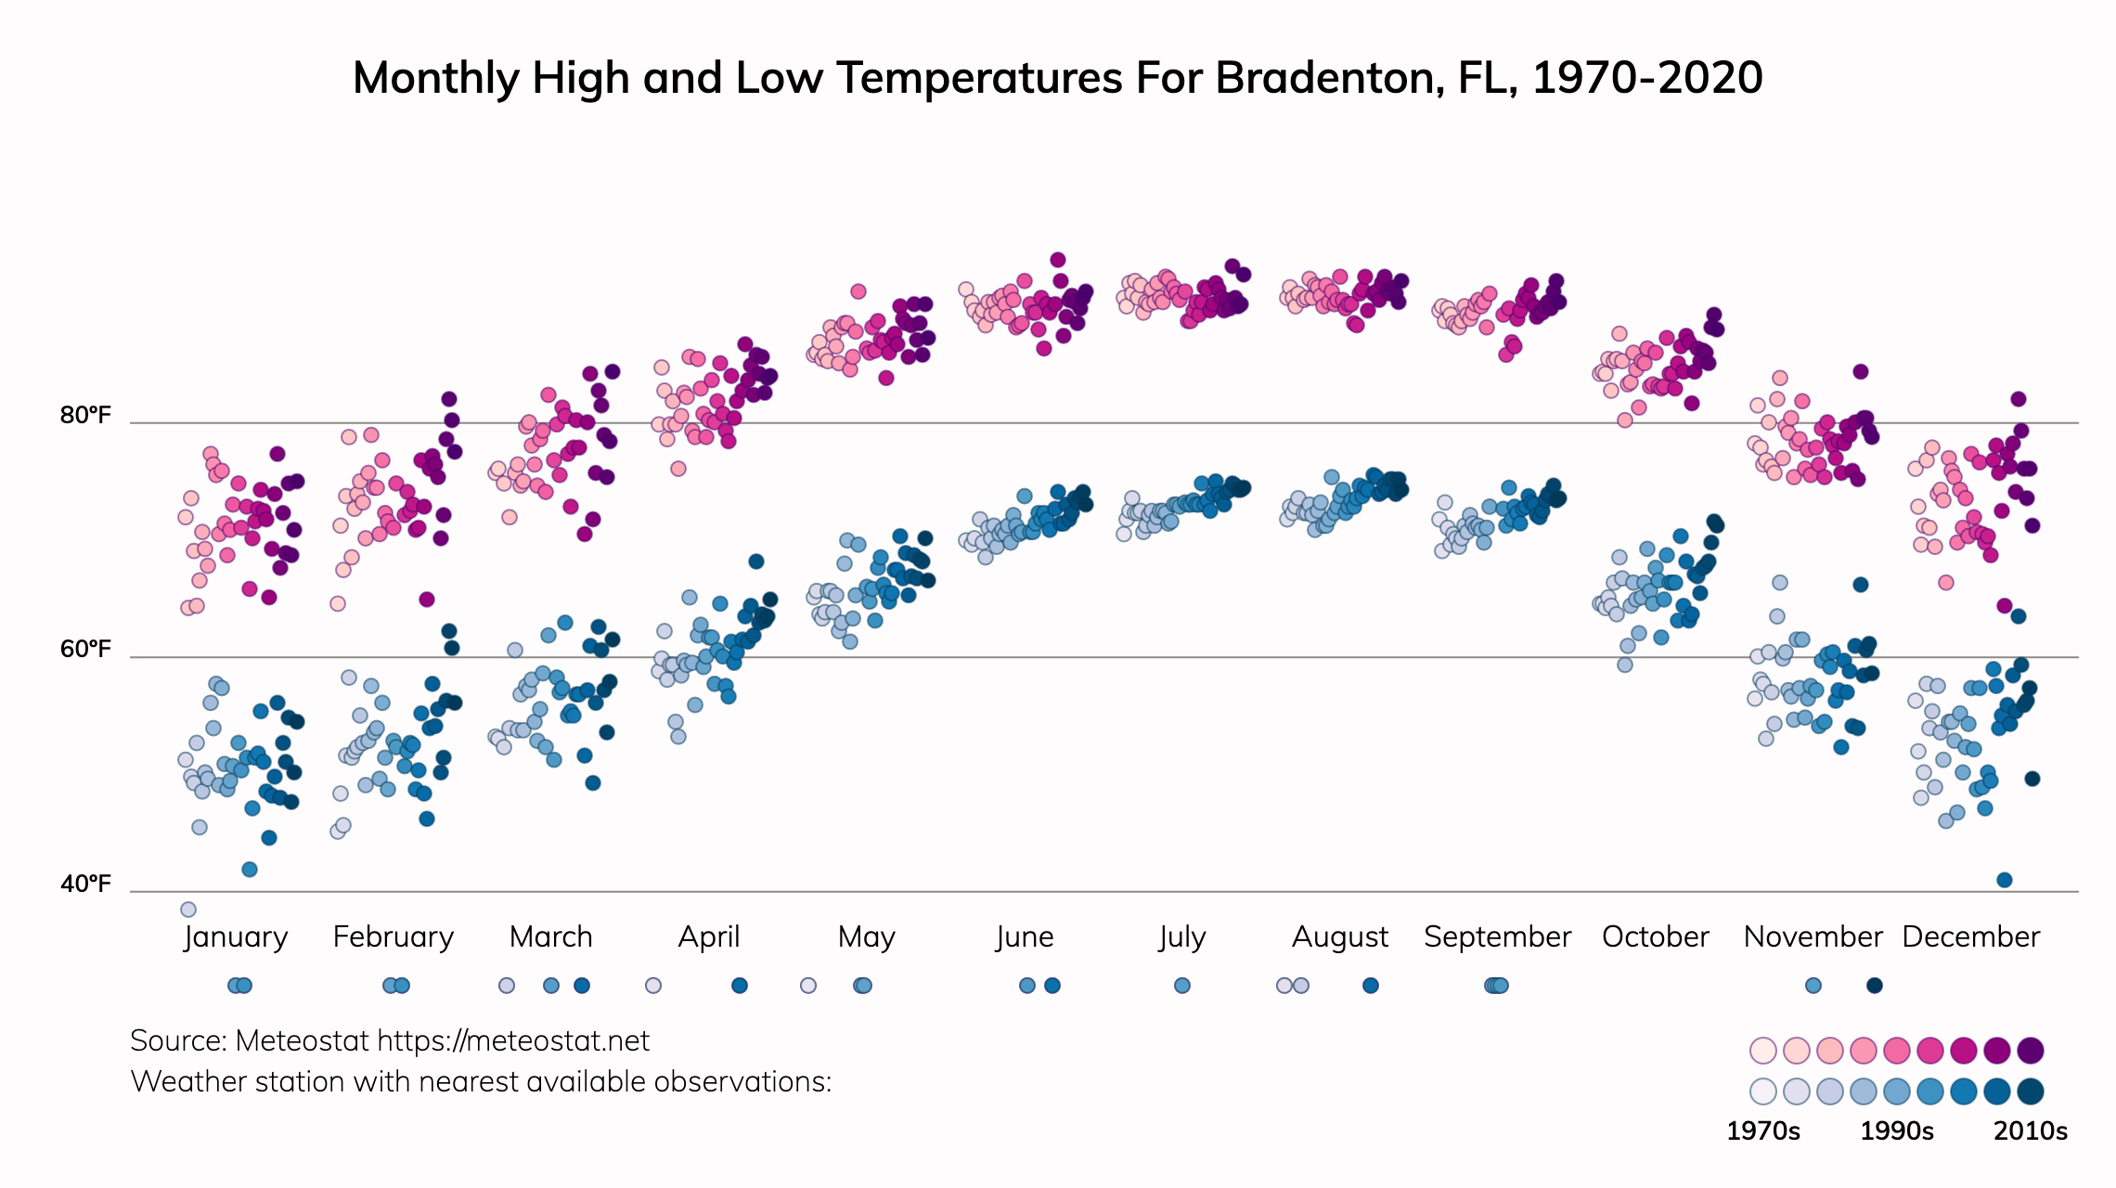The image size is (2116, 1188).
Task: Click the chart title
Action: [x=1057, y=78]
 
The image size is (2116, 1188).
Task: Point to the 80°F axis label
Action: [x=85, y=415]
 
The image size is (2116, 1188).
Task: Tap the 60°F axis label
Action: [x=85, y=649]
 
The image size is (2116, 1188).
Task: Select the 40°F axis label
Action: [x=85, y=884]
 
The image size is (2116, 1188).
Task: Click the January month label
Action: [x=236, y=936]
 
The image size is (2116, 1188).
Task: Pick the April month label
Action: [x=709, y=936]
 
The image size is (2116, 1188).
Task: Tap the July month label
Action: [x=1182, y=936]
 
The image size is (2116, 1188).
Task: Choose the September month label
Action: [x=1497, y=936]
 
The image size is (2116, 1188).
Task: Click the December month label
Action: [x=1970, y=936]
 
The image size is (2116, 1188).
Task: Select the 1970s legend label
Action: [x=1762, y=1131]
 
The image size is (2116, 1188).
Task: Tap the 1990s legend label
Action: [x=1897, y=1131]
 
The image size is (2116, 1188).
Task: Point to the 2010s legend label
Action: [x=2031, y=1131]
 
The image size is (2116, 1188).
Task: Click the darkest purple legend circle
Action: [x=2031, y=1051]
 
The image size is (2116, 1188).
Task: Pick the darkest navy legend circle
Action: [x=2031, y=1091]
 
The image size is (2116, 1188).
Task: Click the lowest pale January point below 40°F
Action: [x=188, y=910]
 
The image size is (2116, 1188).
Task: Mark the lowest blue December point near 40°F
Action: [x=2005, y=880]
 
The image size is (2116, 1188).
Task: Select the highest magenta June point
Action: [x=1058, y=260]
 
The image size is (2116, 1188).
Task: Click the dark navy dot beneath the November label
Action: [x=1875, y=986]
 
